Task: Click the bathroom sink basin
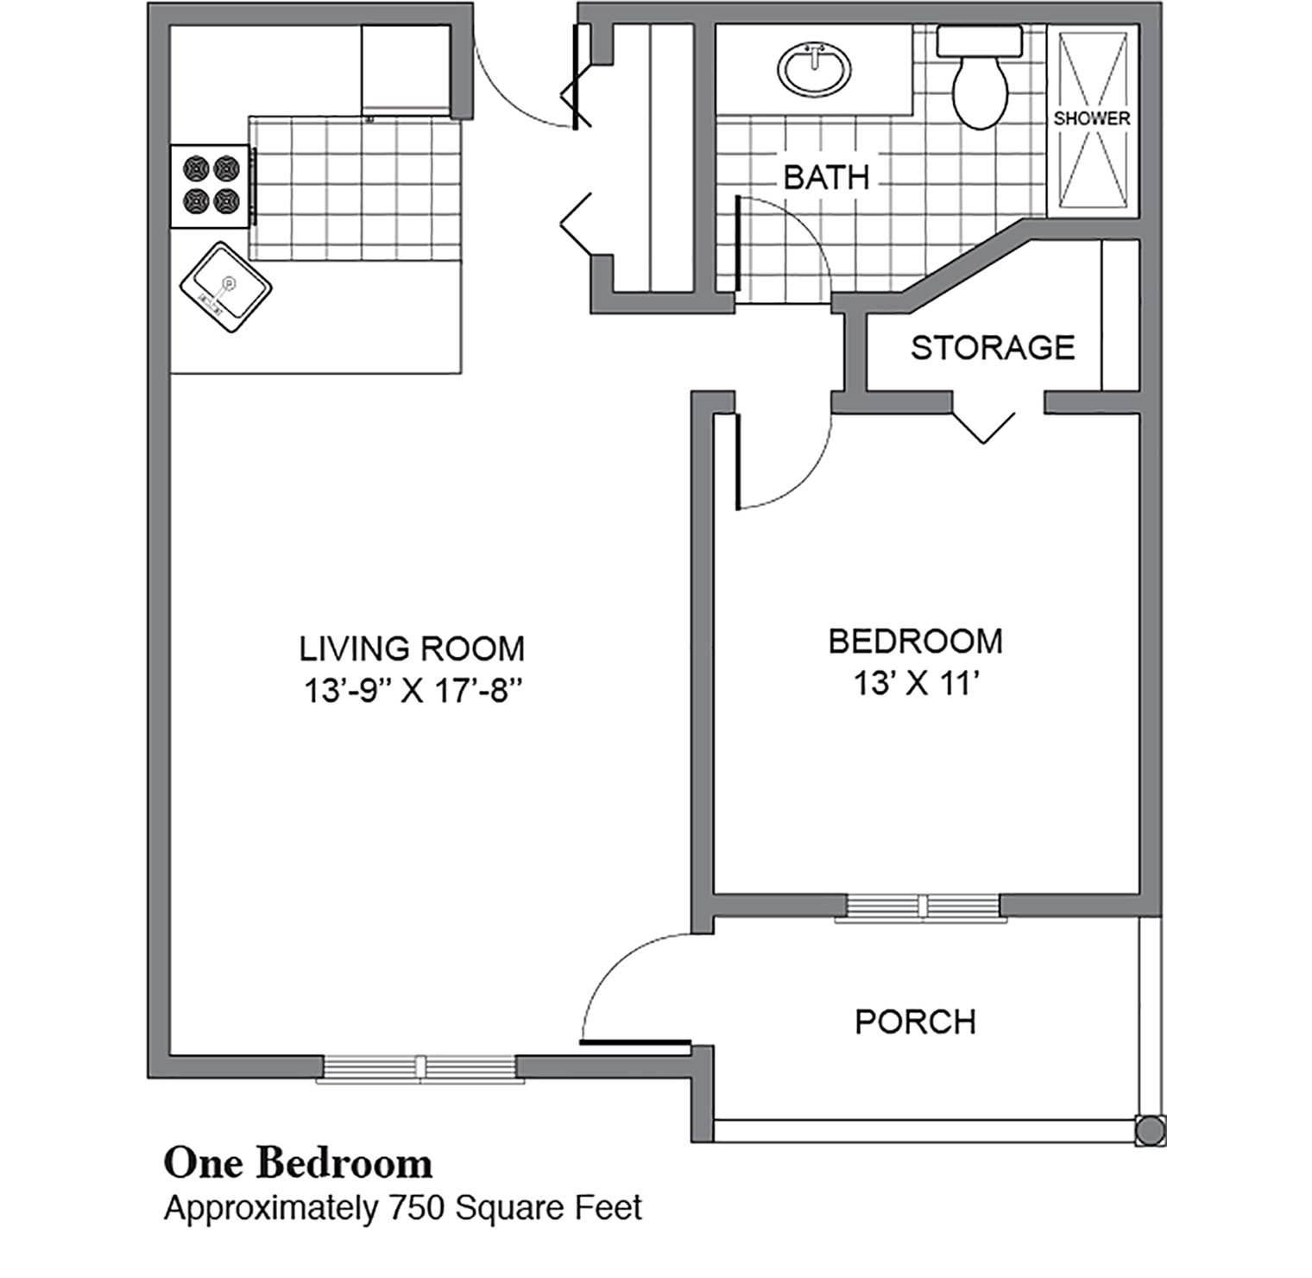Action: pos(814,68)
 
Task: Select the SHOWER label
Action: pos(1091,118)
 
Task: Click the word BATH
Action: pos(826,177)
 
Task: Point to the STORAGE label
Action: pos(993,347)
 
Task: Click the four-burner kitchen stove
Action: pos(212,186)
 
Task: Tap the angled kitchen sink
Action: pos(225,287)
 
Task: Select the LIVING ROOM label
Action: pos(412,648)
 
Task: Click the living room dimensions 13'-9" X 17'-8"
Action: pos(413,691)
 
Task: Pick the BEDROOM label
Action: pos(916,641)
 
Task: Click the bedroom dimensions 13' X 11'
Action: pos(917,684)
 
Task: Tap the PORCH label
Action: pos(916,1022)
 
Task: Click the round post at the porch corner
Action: pos(1149,1130)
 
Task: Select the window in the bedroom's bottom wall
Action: pos(922,906)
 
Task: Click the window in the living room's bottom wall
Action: pos(420,1068)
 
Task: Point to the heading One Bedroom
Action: pos(298,1163)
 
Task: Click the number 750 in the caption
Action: pos(417,1207)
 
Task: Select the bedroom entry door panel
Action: pos(738,462)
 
